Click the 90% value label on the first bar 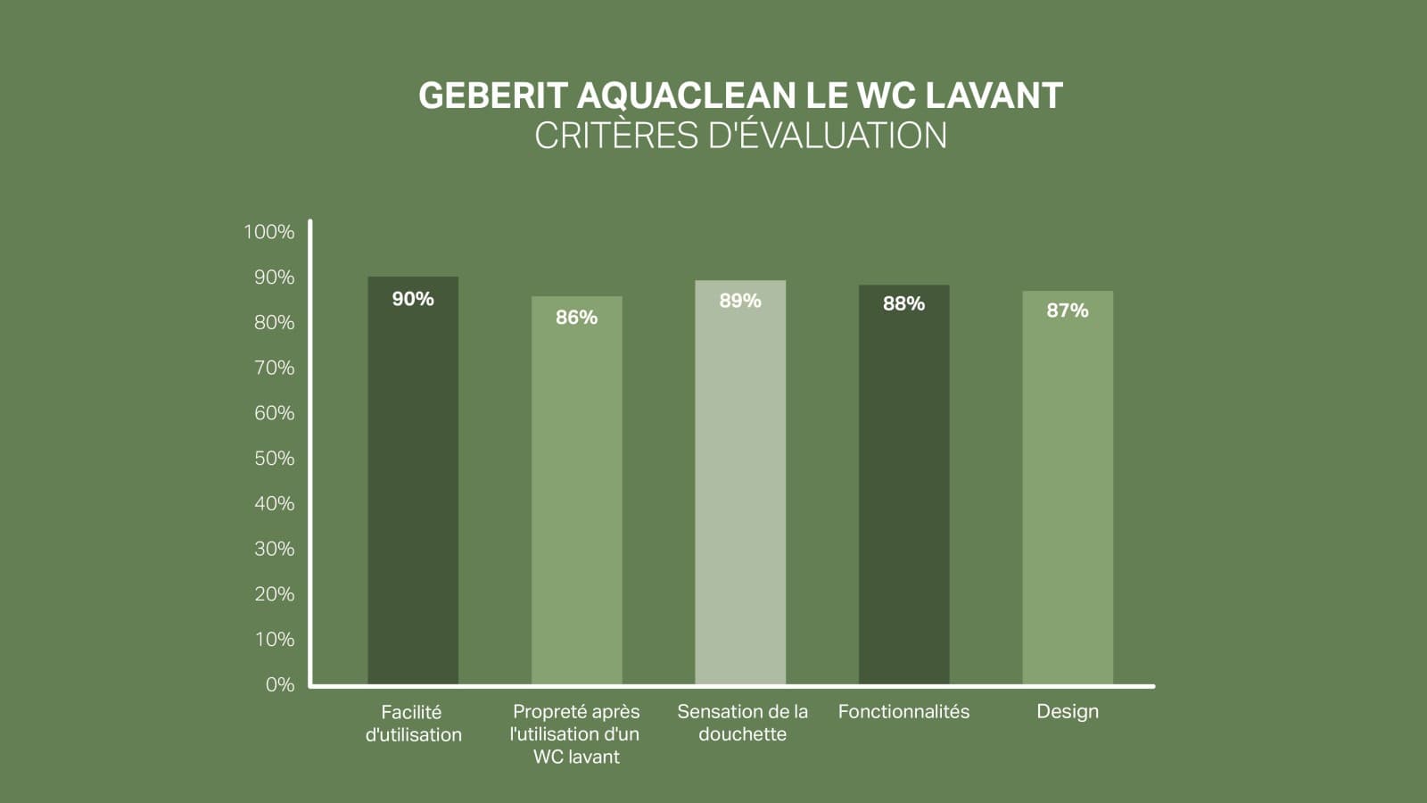coord(413,299)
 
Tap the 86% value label coord(576,318)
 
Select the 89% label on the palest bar coord(740,301)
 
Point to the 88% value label coord(903,304)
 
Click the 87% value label coord(1067,310)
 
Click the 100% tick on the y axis coord(268,232)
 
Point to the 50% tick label coord(274,459)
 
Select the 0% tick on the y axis coord(279,684)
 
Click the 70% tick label coord(274,368)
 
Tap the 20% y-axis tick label coord(274,594)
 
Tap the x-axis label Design coord(1067,712)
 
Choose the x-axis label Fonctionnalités coord(903,712)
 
